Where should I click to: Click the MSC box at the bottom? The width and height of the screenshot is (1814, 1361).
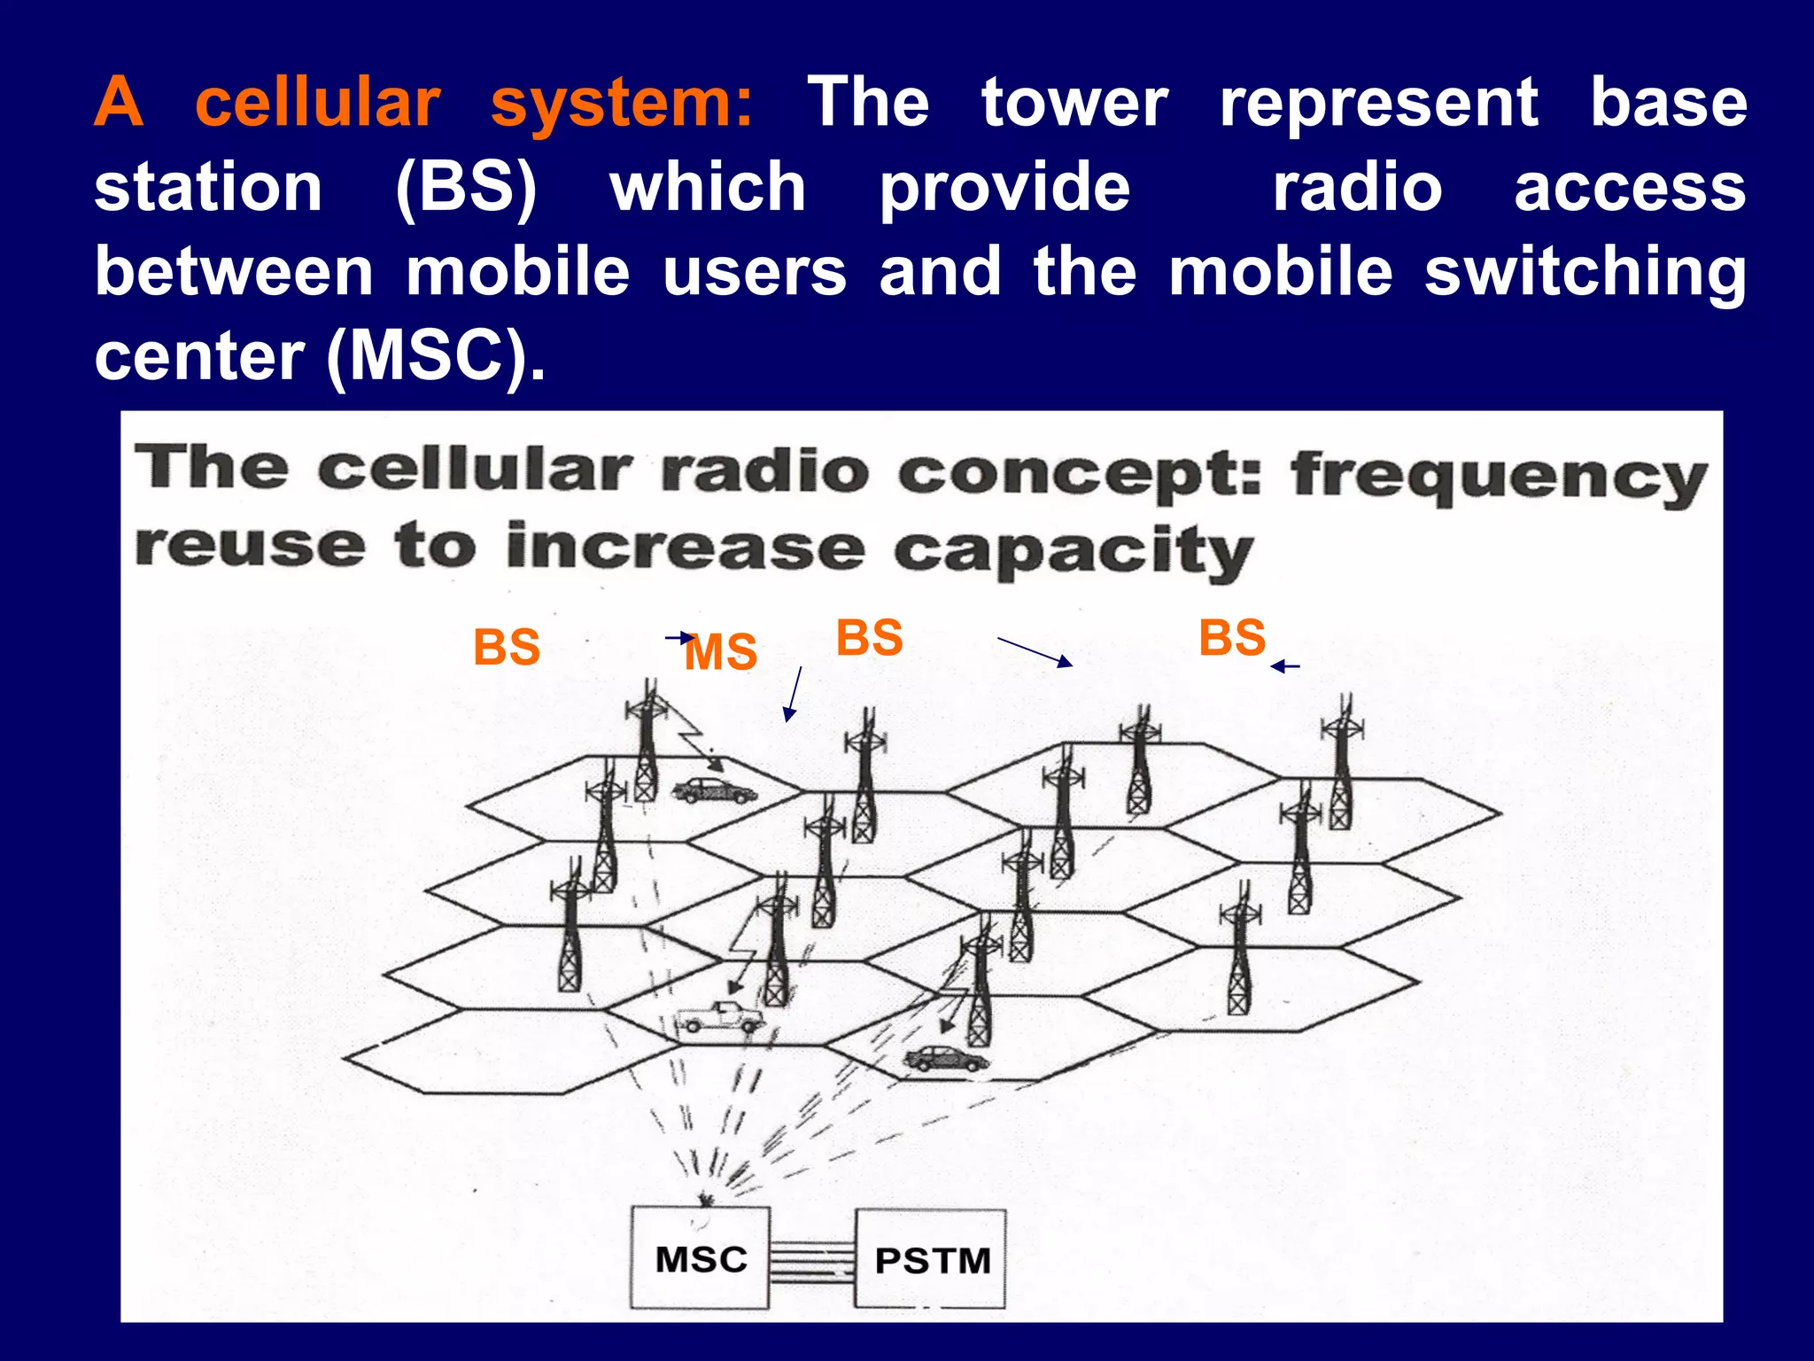click(700, 1258)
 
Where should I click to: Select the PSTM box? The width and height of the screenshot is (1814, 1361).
click(931, 1259)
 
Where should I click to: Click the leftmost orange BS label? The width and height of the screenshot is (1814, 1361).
click(507, 647)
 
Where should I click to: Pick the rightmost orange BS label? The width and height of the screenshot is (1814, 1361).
click(1232, 637)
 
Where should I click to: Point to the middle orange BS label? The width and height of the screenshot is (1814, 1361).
click(869, 637)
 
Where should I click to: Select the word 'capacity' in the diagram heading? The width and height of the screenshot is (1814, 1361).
click(1073, 551)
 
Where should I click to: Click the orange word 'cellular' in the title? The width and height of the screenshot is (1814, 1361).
click(317, 103)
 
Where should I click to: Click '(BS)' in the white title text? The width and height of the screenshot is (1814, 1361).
click(466, 188)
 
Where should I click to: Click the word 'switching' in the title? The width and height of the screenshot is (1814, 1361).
click(1585, 272)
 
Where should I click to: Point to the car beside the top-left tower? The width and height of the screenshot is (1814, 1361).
click(714, 789)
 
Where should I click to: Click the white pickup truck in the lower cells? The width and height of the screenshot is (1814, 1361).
click(719, 1016)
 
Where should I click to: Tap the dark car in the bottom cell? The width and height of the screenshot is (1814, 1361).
click(945, 1057)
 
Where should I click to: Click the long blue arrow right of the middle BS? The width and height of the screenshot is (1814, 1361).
click(1035, 651)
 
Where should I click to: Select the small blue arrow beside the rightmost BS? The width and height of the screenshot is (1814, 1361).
click(1285, 666)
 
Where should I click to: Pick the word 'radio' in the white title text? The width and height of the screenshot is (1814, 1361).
click(1357, 188)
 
